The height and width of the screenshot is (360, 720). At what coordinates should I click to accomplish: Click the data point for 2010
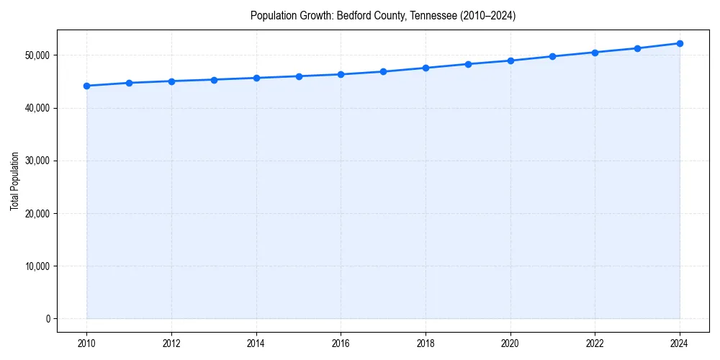pos(86,86)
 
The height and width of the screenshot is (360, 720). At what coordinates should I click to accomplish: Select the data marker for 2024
pos(680,43)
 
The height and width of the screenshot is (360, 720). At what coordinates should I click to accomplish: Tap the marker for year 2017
pos(383,71)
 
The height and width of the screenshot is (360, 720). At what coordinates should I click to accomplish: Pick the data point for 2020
pos(510,60)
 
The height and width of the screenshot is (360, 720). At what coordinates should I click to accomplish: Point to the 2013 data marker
pos(214,80)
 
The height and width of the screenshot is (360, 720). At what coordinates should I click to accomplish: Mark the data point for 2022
pos(595,53)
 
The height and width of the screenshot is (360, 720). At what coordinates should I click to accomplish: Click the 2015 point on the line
pos(299,76)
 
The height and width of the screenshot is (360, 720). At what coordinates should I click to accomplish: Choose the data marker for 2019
pos(468,64)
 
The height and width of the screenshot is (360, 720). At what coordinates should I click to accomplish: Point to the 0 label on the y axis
pos(48,319)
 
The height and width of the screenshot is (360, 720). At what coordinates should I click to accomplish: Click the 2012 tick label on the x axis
pos(171,343)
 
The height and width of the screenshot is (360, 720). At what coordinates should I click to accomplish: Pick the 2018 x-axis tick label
pos(426,343)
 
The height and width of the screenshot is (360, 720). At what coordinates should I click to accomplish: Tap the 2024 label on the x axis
pos(680,343)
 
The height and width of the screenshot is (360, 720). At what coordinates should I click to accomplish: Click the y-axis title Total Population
pos(15,181)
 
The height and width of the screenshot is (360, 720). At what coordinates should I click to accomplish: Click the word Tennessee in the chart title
pos(433,15)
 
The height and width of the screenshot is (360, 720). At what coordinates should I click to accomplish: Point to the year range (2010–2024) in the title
pos(488,15)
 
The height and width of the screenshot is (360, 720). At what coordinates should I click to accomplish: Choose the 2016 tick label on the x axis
pos(341,343)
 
